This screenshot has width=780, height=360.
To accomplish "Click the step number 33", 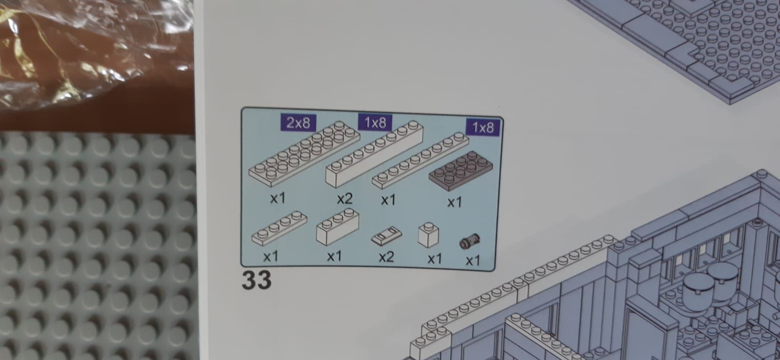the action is pyautogui.click(x=257, y=280).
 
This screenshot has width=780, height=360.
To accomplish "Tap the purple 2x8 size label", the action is pyautogui.click(x=299, y=122).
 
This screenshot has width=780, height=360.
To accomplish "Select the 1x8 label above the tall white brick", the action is pyautogui.click(x=375, y=122).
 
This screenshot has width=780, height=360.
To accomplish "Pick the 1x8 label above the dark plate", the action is pyautogui.click(x=483, y=127).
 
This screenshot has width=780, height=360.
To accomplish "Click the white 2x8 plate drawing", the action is pyautogui.click(x=304, y=153).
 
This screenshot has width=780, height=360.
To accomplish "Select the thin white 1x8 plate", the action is pyautogui.click(x=420, y=160).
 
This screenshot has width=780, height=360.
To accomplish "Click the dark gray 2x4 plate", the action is pyautogui.click(x=460, y=171).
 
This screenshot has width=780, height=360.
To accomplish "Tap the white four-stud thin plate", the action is pyautogui.click(x=279, y=228).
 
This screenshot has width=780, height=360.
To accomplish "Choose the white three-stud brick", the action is pyautogui.click(x=338, y=227).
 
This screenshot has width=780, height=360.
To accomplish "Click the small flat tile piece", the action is pyautogui.click(x=386, y=236).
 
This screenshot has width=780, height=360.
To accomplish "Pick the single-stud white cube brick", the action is pyautogui.click(x=428, y=235).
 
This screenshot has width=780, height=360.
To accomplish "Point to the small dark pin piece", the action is pyautogui.click(x=469, y=241).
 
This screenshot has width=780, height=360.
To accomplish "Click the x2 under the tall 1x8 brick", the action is pyautogui.click(x=345, y=199).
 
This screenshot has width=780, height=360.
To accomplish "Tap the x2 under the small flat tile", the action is pyautogui.click(x=386, y=257).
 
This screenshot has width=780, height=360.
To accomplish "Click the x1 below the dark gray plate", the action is pyautogui.click(x=455, y=202).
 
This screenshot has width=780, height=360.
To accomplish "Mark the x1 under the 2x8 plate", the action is pyautogui.click(x=278, y=198).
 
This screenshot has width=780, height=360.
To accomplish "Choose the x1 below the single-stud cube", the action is pyautogui.click(x=435, y=259).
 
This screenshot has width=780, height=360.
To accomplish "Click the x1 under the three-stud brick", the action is pyautogui.click(x=334, y=256).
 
